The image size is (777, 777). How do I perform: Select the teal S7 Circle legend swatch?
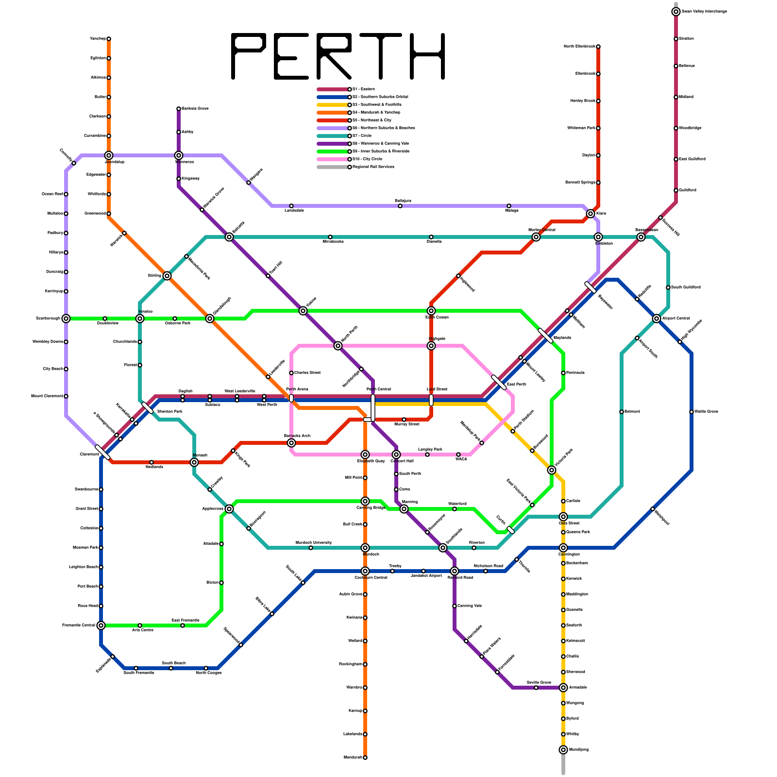(333, 136)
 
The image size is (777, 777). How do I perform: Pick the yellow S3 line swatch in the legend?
(333, 105)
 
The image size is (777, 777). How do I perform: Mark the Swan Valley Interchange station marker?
(676, 12)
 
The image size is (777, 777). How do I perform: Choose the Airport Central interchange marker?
(657, 319)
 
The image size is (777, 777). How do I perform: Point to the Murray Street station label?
(406, 424)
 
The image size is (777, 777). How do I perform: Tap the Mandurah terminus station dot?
(365, 758)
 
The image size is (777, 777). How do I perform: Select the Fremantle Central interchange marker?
(101, 625)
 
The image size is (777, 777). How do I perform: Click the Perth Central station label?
(378, 389)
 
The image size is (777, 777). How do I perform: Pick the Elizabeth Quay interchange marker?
(365, 455)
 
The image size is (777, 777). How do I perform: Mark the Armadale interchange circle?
(563, 688)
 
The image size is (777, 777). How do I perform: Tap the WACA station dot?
(458, 455)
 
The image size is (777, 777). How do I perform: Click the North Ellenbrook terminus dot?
(598, 47)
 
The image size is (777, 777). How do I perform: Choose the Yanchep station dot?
(109, 39)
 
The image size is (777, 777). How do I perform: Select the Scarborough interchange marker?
(66, 319)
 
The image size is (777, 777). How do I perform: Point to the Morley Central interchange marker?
(536, 237)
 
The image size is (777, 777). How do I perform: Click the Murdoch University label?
(314, 542)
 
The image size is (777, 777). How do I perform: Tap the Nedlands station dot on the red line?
(152, 462)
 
